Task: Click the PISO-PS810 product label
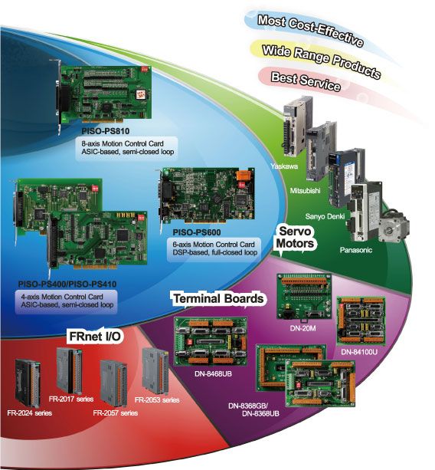(106, 131)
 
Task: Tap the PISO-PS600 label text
(197, 232)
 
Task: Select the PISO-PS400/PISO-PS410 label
(67, 284)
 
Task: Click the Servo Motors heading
(295, 238)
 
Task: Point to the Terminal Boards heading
(218, 298)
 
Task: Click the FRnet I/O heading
(95, 337)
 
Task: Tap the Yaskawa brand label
(284, 166)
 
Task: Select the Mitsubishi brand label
(305, 191)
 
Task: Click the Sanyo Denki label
(325, 216)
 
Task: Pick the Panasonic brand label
(355, 250)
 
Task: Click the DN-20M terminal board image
(304, 296)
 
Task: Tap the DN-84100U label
(359, 352)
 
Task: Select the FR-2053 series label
(157, 400)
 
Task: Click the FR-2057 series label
(116, 413)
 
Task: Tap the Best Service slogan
(306, 81)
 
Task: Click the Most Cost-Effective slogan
(310, 31)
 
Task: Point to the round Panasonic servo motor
(393, 226)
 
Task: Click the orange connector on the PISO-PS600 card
(243, 176)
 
